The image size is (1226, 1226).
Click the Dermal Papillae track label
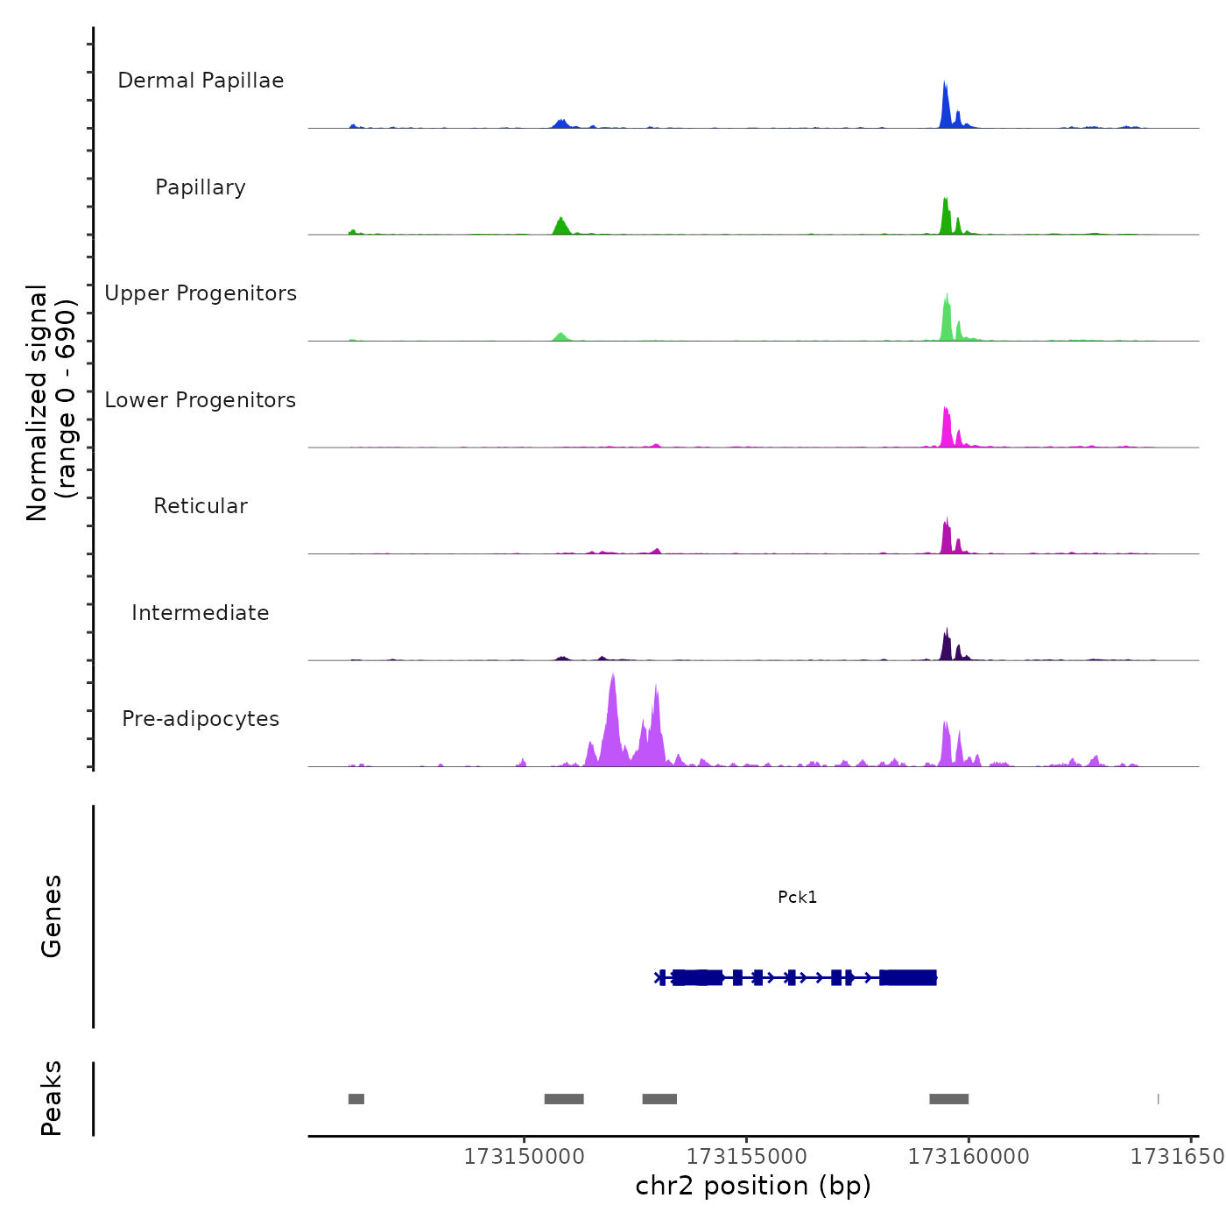pyautogui.click(x=201, y=81)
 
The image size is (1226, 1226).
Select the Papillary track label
pyautogui.click(x=201, y=187)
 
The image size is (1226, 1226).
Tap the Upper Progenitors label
pyautogui.click(x=201, y=293)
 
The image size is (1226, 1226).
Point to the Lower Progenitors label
pyautogui.click(x=201, y=400)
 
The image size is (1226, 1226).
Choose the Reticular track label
pyautogui.click(x=201, y=506)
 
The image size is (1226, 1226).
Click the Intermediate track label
pyautogui.click(x=201, y=613)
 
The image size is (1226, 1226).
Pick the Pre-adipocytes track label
pyautogui.click(x=201, y=719)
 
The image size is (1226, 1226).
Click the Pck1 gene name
pyautogui.click(x=797, y=897)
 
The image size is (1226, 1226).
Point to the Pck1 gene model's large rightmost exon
pyautogui.click(x=908, y=977)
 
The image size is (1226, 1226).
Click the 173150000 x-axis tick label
pyautogui.click(x=524, y=1157)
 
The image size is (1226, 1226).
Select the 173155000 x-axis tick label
pyautogui.click(x=746, y=1157)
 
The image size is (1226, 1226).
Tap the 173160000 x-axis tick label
pyautogui.click(x=969, y=1157)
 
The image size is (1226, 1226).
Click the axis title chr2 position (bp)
pyautogui.click(x=753, y=1186)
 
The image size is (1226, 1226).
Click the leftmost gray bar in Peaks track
pyautogui.click(x=356, y=1099)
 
